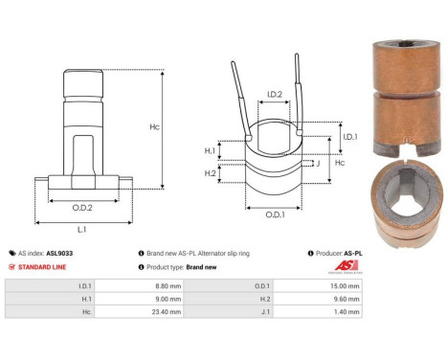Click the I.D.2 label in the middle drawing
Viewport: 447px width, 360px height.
[273, 94]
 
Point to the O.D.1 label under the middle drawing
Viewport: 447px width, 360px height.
[274, 214]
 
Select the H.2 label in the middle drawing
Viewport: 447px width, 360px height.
[210, 173]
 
